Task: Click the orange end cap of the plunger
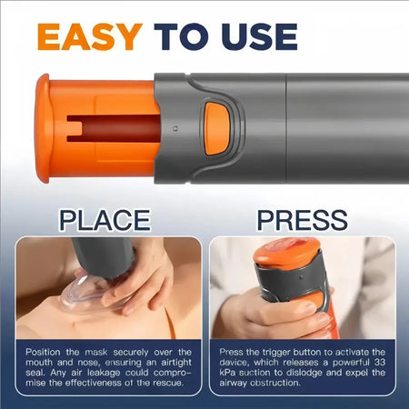click(42, 127)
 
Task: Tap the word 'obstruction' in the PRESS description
click(267, 382)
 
